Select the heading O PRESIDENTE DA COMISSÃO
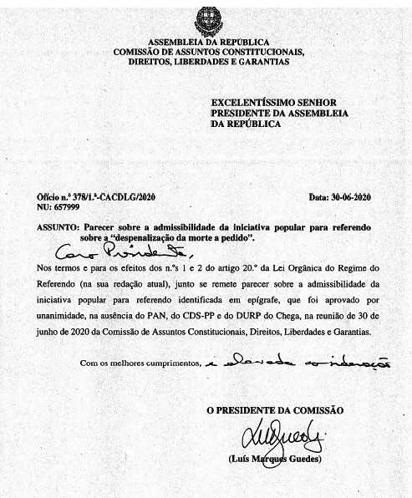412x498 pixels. pyautogui.click(x=275, y=410)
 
